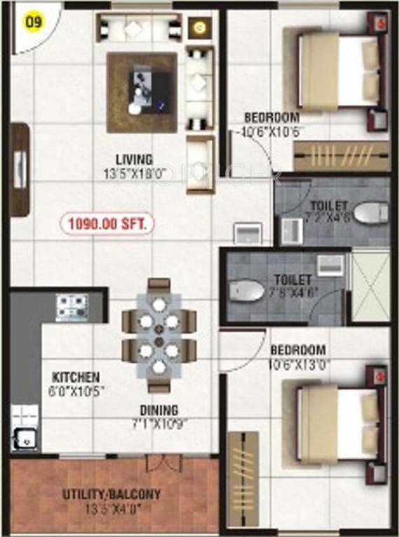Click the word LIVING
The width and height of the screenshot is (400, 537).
(x=135, y=159)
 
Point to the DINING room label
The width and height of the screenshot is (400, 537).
(x=159, y=410)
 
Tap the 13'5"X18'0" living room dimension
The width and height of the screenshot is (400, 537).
(x=136, y=173)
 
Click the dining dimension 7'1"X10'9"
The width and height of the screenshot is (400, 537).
(x=159, y=423)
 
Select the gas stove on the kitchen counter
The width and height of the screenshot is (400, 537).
(x=71, y=306)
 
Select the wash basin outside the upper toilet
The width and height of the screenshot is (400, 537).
(x=247, y=233)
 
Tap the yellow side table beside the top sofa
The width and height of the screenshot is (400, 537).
(x=199, y=28)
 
